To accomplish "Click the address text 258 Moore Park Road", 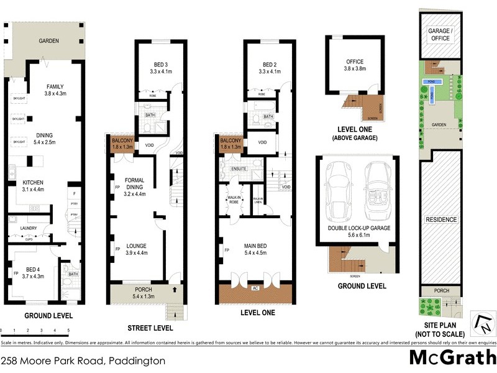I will click(x=83, y=360).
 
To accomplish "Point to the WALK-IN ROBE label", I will click(x=234, y=199).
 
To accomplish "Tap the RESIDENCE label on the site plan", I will click(x=440, y=219).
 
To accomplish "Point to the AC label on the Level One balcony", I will click(x=255, y=288).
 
